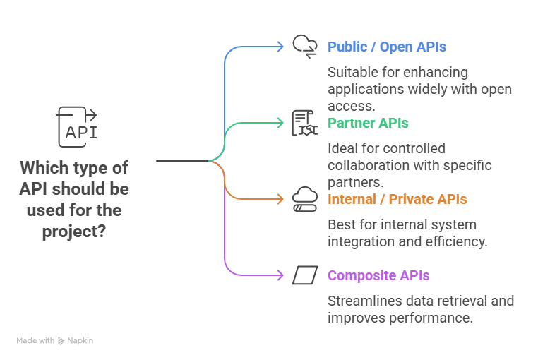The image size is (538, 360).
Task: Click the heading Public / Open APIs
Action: click(x=386, y=47)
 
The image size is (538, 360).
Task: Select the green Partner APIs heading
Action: click(x=368, y=124)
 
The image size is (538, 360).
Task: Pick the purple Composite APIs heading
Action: click(x=378, y=276)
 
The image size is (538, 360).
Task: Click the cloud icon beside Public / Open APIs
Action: click(x=305, y=46)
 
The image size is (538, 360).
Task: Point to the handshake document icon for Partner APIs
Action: click(x=305, y=123)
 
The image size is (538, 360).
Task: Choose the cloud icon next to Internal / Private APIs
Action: click(x=305, y=199)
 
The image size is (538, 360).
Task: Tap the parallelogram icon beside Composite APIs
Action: click(x=305, y=275)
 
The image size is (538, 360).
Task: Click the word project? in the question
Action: click(x=74, y=231)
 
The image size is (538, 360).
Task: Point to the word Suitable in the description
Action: click(x=352, y=73)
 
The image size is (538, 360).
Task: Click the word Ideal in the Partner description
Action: click(x=343, y=149)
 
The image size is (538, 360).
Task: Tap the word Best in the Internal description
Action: click(x=342, y=225)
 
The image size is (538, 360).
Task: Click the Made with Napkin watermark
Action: click(x=54, y=341)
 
